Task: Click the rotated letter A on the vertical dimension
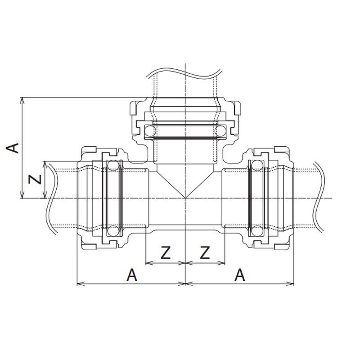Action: point(12,148)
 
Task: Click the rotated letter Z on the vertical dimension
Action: point(35,179)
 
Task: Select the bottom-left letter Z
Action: point(166,252)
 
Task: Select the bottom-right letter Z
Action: point(205,252)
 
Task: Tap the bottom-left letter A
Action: point(132,274)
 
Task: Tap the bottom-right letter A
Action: point(239,274)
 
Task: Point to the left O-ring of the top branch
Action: point(150,131)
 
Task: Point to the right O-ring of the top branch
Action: point(220,131)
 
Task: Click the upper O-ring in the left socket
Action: point(113,166)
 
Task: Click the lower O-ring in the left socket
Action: point(113,231)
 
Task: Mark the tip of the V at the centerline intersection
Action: point(185,198)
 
